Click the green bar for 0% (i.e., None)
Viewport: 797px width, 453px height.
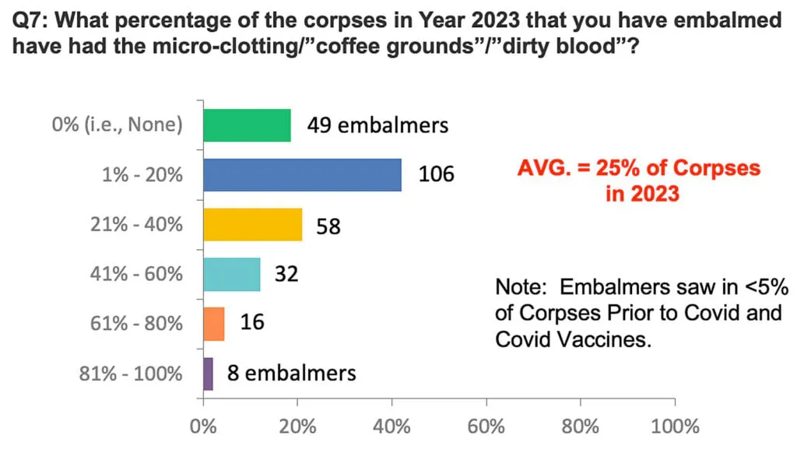click(247, 125)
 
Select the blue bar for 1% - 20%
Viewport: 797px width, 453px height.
click(302, 175)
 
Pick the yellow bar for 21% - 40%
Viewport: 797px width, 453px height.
click(252, 225)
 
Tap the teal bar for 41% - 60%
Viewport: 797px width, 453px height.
click(231, 274)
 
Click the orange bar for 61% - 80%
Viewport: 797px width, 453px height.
click(213, 324)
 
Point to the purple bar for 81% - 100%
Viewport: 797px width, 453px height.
click(208, 374)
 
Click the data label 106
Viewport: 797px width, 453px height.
click(436, 174)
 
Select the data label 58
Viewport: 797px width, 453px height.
click(328, 226)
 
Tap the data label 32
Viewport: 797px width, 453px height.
click(286, 275)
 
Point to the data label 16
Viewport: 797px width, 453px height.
click(251, 323)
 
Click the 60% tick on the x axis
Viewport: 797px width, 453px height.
click(486, 427)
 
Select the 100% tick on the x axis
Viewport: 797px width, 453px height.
click(675, 427)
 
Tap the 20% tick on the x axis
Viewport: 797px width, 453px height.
click(297, 427)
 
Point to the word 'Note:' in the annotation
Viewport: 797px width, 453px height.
click(521, 287)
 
